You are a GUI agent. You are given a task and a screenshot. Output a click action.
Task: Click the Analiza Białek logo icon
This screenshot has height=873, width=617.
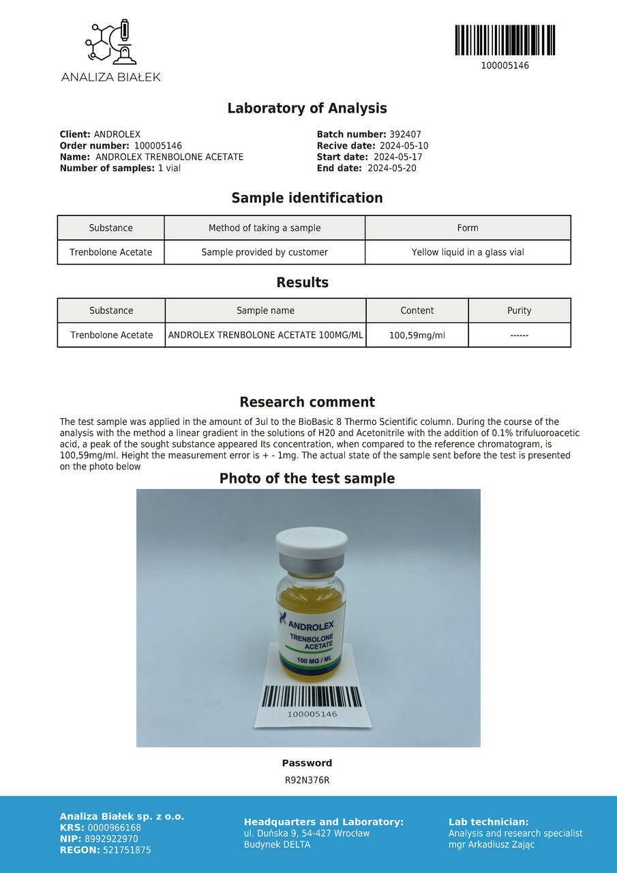[111, 42]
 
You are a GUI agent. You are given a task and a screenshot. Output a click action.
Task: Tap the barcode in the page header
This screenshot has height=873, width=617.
[505, 40]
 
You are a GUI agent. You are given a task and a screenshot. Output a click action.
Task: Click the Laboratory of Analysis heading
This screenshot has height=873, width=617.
[307, 108]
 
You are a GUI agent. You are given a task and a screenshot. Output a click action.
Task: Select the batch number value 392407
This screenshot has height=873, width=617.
[405, 135]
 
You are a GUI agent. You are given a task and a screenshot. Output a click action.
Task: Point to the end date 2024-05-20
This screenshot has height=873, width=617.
[391, 168]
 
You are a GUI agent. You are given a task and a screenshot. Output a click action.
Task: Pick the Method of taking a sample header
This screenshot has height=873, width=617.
[265, 228]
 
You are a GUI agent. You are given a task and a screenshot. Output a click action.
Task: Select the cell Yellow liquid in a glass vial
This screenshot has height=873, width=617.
[468, 252]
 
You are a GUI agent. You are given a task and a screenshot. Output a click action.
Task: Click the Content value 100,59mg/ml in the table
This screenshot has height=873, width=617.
[417, 336]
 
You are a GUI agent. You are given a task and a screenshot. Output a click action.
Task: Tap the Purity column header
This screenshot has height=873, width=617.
[519, 310]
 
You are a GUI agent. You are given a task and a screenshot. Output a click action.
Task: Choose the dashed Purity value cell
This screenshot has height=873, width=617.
[519, 336]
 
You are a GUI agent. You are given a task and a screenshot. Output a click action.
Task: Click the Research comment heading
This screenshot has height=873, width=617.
[307, 402]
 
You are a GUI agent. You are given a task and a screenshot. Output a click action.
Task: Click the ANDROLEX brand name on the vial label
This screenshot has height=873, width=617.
[311, 625]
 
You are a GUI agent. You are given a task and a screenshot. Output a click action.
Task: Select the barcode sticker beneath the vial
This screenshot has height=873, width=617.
[312, 700]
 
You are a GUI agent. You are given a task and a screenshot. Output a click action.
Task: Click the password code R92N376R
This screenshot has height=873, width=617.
[307, 780]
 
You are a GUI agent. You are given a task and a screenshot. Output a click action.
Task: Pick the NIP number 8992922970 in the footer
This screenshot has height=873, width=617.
[111, 839]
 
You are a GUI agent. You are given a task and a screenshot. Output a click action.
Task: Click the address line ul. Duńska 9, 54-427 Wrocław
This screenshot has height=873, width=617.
[307, 833]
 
